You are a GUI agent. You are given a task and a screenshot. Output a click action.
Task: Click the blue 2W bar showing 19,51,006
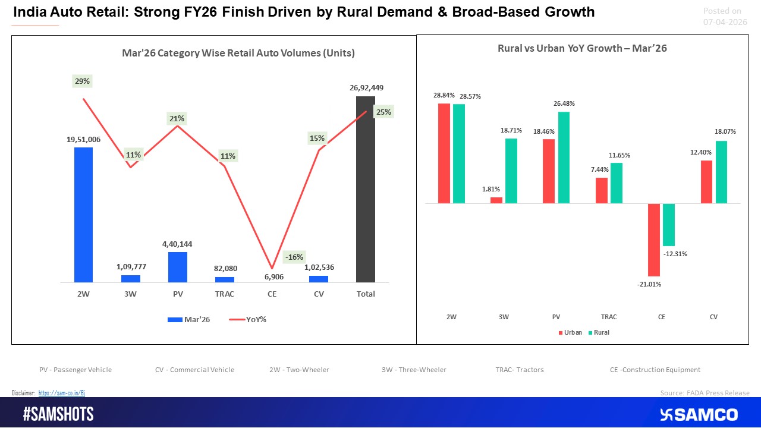point(83,215)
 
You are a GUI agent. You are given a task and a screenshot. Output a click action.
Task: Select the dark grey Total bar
point(365,189)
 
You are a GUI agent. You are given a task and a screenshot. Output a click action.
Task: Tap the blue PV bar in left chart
point(178,267)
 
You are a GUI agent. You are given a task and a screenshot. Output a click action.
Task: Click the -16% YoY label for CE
point(294,257)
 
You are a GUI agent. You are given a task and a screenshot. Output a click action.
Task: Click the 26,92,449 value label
point(366,87)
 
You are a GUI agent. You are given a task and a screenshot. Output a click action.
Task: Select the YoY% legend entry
point(248,319)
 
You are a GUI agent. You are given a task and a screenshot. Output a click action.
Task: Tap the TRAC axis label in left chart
point(225,294)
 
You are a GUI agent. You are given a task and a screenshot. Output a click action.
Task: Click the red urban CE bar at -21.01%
point(654,240)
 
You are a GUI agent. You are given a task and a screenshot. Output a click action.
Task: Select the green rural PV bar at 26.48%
point(564,158)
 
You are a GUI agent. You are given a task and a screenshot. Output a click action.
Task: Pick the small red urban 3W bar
point(496,200)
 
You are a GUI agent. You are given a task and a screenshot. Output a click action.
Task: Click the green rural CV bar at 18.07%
point(721,172)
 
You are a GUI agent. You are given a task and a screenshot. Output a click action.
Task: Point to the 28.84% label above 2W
point(444,95)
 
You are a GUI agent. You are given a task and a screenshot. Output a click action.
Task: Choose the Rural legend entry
point(598,332)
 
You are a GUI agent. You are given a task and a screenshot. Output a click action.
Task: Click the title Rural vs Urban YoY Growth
point(581,49)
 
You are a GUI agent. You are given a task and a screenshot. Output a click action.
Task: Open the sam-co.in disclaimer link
point(62,393)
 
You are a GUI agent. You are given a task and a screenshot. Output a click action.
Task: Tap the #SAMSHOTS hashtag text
point(58,414)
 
